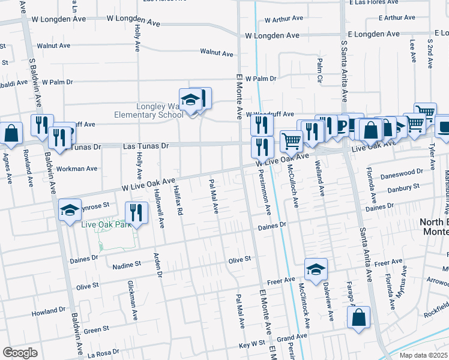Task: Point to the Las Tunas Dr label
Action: click(x=146, y=146)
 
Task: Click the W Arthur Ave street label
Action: click(x=285, y=20)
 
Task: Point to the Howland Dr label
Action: click(x=48, y=313)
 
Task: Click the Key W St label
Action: click(x=252, y=344)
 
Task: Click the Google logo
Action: click(x=20, y=353)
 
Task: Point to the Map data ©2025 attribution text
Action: click(x=423, y=355)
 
